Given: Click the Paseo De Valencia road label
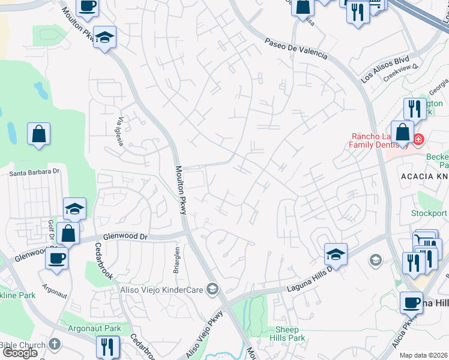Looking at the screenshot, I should pos(297,48).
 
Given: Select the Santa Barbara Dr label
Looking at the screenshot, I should pos(35,172).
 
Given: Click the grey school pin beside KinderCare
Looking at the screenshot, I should pos(211,290).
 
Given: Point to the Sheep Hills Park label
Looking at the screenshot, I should pos(291,334).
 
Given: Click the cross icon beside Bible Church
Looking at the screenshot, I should pos(55,344).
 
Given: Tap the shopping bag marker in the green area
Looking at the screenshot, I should pos(39,134).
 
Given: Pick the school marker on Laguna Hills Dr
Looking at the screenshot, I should pos(336,254).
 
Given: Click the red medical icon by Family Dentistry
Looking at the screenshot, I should pos(418,140).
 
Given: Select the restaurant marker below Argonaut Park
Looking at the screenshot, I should pos(108,347).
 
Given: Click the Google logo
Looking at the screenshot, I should pos(19,353).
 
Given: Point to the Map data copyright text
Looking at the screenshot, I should pos(424,355).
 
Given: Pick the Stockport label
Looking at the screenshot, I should pos(429,213).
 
